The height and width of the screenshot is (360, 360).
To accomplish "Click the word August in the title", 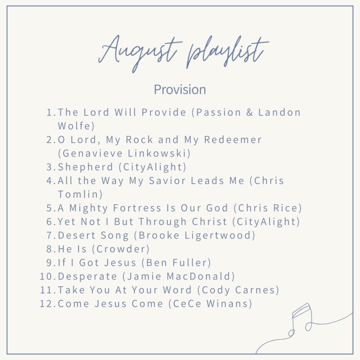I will coord(141,53).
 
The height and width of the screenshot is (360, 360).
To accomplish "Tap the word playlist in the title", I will coord(225,53).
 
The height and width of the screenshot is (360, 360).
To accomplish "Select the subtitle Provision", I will coord(180,90).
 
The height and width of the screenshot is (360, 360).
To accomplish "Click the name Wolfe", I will coord(74,126).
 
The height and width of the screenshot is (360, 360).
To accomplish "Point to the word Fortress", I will coord(136,208).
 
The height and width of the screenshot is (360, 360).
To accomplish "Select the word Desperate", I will coord(87,276).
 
